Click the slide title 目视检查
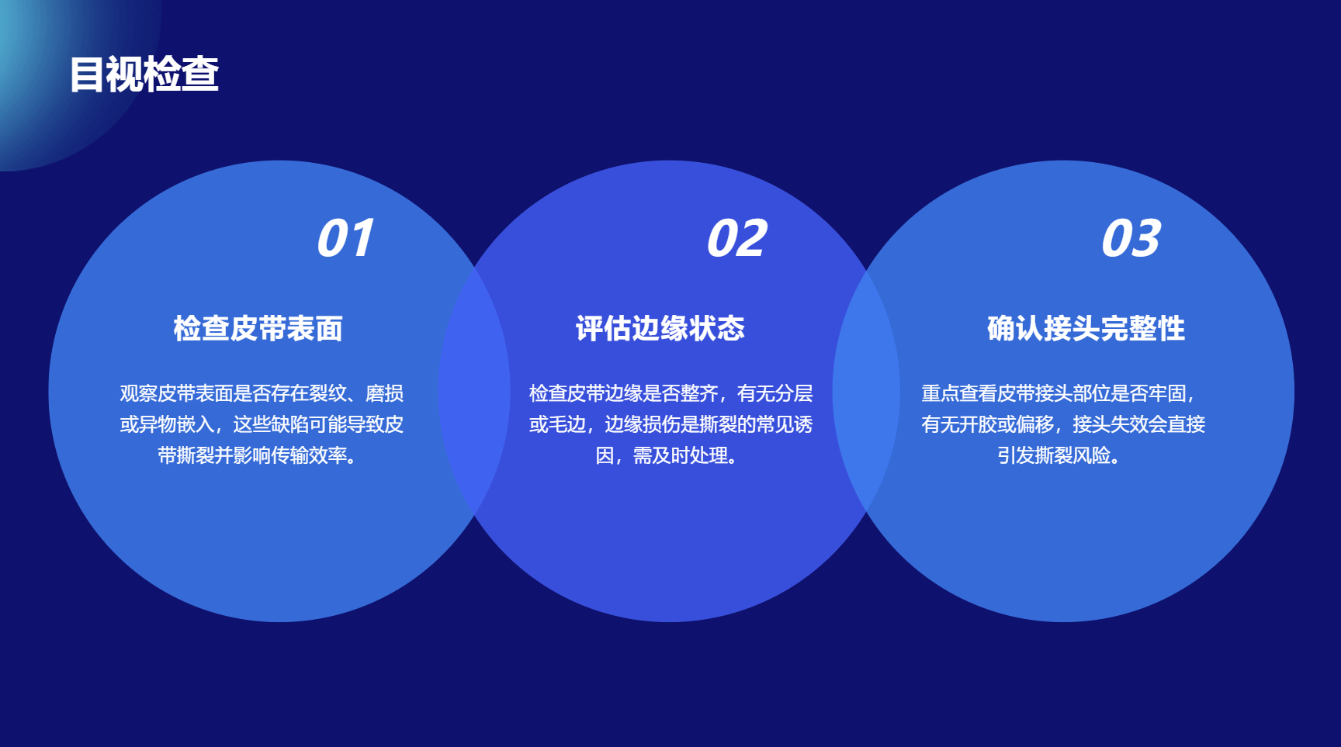(144, 74)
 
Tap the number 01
(345, 238)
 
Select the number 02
(736, 238)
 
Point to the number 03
(1131, 238)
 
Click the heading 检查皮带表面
(258, 329)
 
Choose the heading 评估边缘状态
(660, 329)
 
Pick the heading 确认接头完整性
(1086, 329)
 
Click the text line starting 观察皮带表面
(262, 393)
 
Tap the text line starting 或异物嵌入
(262, 424)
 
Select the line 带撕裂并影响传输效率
(258, 455)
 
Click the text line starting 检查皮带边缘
(671, 393)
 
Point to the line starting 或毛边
(671, 424)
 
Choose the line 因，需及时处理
(667, 455)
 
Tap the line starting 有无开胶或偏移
(1063, 424)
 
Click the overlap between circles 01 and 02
(474, 391)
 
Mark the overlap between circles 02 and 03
(867, 391)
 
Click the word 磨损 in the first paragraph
(385, 393)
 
